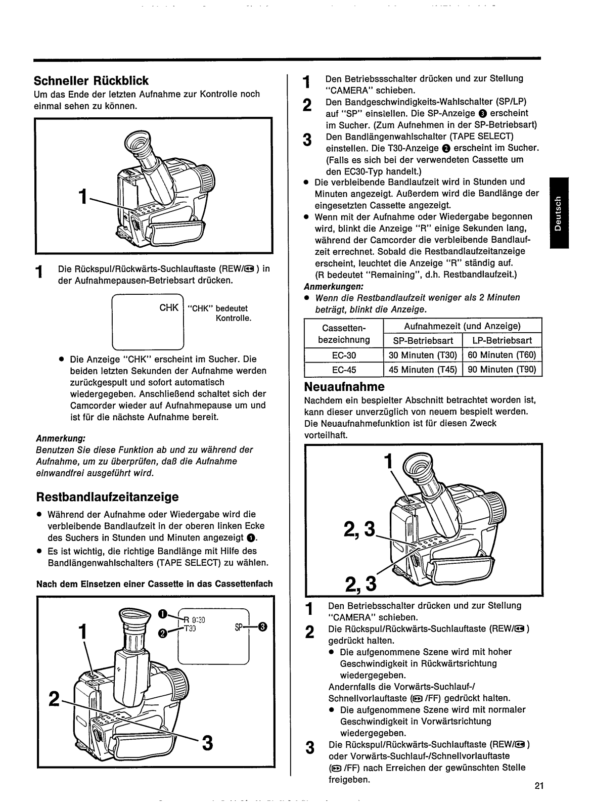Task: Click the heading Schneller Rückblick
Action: click(x=91, y=81)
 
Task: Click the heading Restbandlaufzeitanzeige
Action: click(x=106, y=497)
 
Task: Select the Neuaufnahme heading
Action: click(x=344, y=387)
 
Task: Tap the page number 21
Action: click(x=538, y=786)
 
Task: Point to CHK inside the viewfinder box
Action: click(x=169, y=307)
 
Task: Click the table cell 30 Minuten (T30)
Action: click(x=423, y=355)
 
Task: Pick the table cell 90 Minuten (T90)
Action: click(x=502, y=370)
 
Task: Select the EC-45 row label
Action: click(x=344, y=370)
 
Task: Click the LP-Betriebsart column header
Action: click(x=502, y=340)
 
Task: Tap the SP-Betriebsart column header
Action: click(x=423, y=340)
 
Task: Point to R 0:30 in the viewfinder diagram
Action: click(x=194, y=620)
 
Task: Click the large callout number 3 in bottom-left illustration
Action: click(x=207, y=743)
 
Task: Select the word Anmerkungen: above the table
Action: click(x=327, y=286)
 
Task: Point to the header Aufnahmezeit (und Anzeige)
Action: click(x=462, y=326)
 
